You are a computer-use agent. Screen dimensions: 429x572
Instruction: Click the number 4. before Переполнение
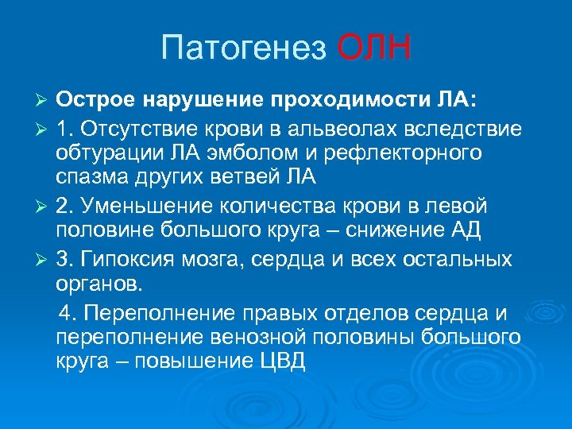click(x=68, y=311)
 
